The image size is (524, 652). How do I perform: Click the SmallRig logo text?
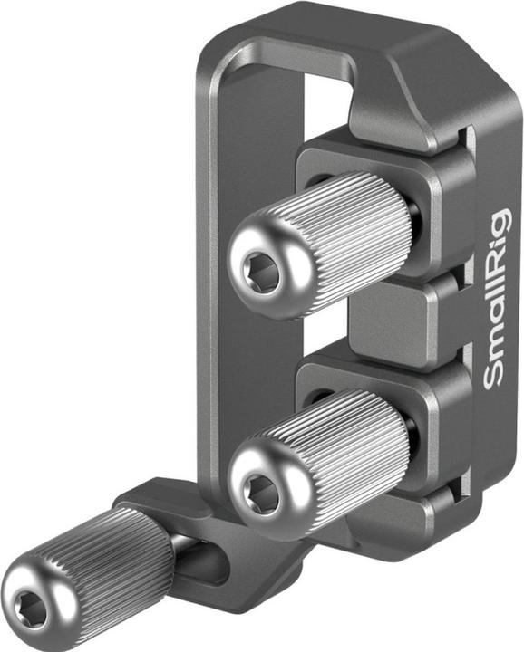pyautogui.click(x=498, y=299)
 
